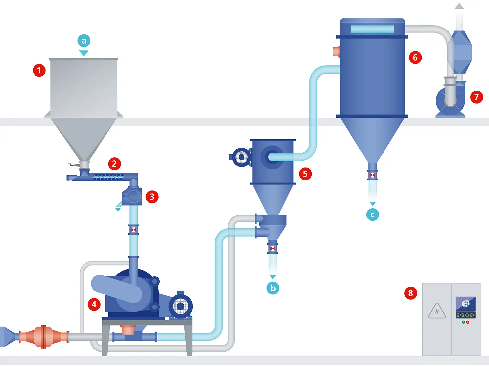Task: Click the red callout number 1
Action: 39,70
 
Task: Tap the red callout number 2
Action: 114,164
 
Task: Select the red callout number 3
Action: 152,197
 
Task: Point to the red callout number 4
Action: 94,304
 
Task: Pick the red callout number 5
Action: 305,174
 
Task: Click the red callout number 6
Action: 415,58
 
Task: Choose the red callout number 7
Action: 476,97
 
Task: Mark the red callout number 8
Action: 410,293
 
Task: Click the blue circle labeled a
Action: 84,41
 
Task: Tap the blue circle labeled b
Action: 273,288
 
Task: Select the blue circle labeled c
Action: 372,214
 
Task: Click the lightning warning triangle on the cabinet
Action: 437,311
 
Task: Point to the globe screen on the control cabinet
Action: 466,304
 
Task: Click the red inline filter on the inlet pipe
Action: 43,336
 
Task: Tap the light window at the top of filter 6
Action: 372,29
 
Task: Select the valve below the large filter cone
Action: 372,175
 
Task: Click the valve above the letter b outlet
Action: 273,248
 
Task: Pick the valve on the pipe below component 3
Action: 134,229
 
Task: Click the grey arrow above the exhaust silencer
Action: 459,6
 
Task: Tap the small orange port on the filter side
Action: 336,51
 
